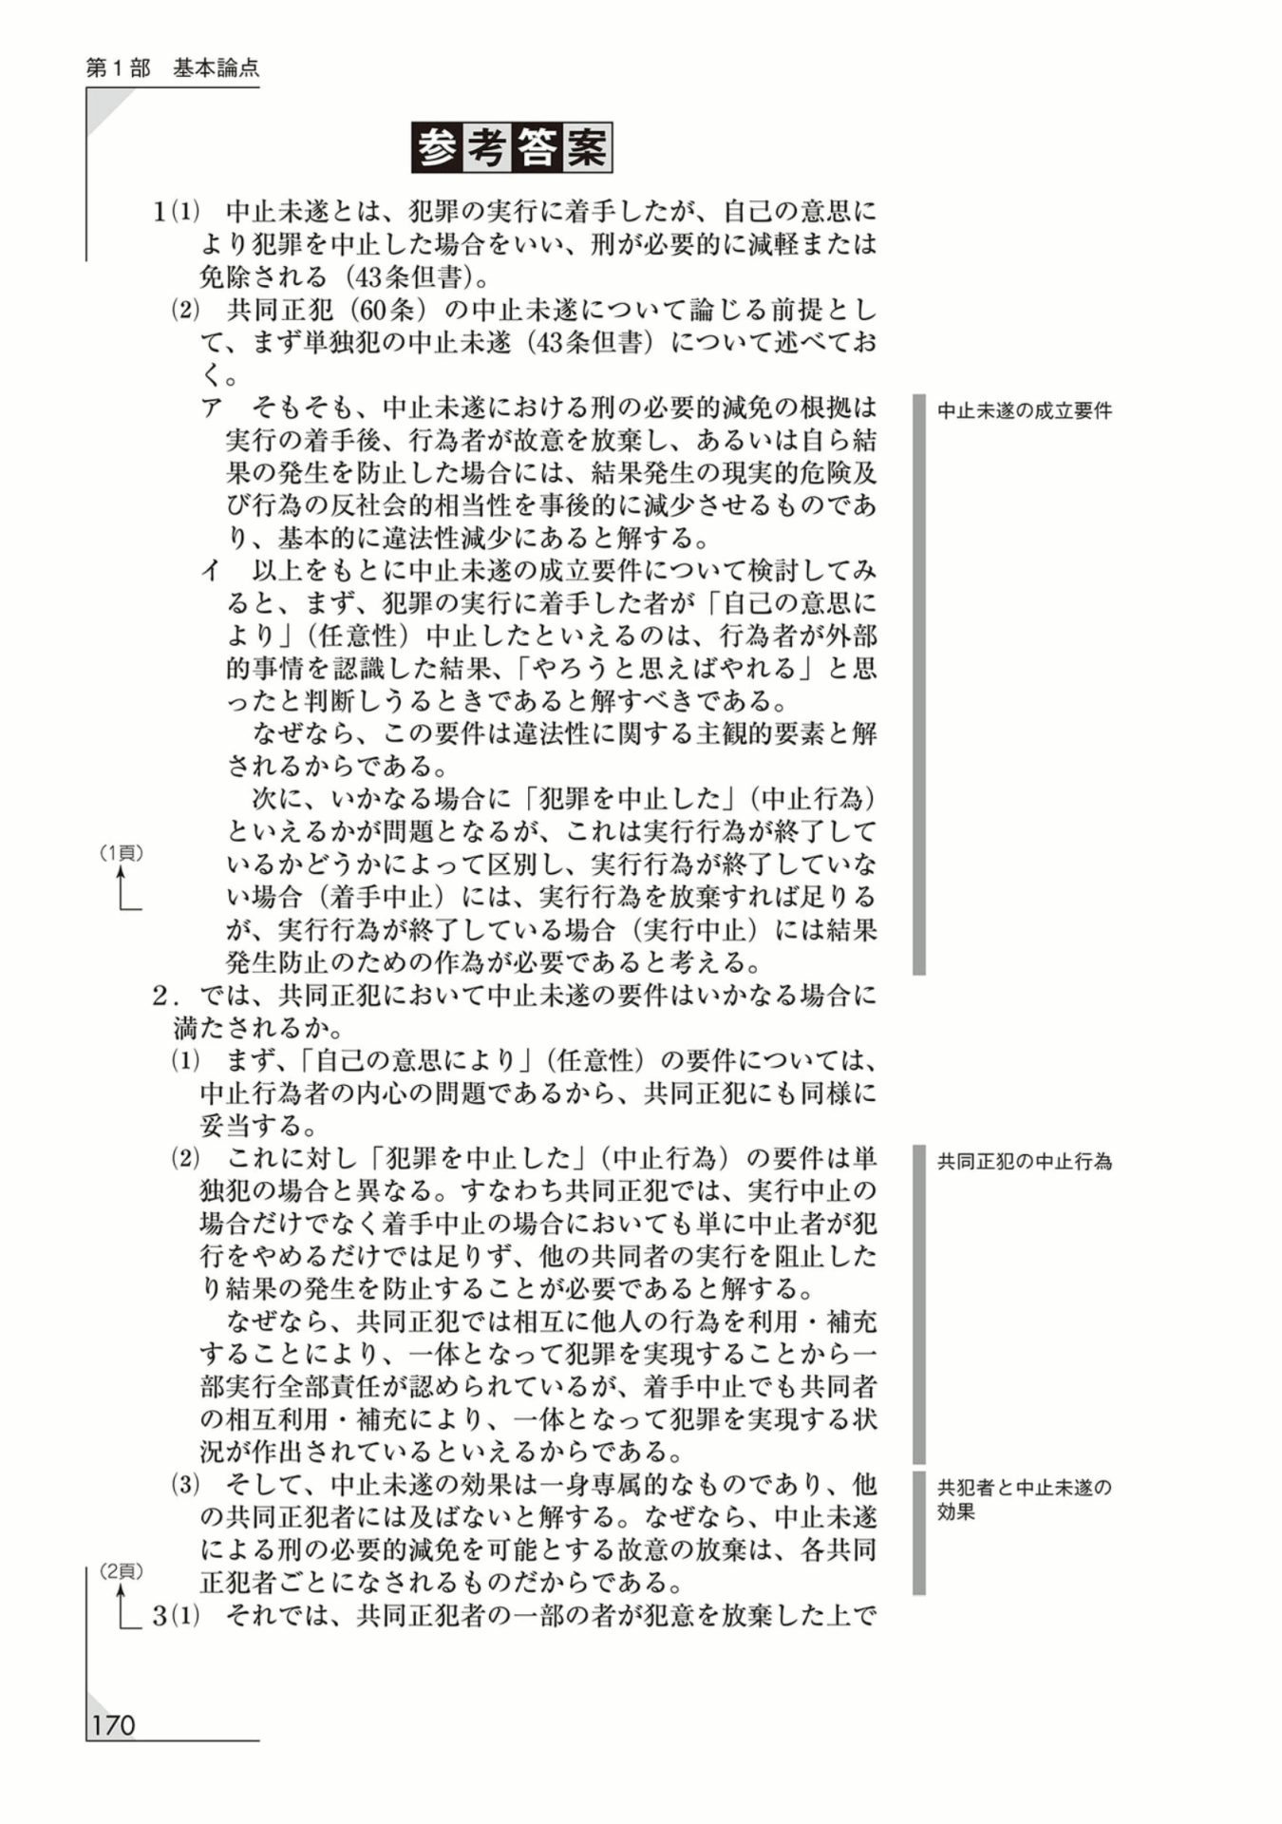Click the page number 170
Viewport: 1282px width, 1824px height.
point(113,1725)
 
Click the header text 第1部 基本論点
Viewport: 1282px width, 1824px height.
point(172,68)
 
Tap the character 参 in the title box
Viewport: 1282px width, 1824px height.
point(438,148)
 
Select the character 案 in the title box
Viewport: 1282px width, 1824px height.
point(586,148)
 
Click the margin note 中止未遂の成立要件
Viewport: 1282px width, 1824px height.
point(1024,411)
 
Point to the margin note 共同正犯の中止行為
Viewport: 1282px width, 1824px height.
point(1024,1161)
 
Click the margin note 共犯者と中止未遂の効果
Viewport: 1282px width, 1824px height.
point(1024,1499)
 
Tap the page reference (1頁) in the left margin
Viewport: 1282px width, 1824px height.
point(122,853)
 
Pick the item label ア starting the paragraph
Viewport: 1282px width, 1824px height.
point(211,408)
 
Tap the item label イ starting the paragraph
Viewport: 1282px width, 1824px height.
point(211,571)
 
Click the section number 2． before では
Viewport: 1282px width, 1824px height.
point(167,997)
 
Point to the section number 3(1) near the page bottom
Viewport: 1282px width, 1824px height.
point(176,1616)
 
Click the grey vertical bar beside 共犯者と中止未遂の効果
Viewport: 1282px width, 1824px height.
point(918,1532)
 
